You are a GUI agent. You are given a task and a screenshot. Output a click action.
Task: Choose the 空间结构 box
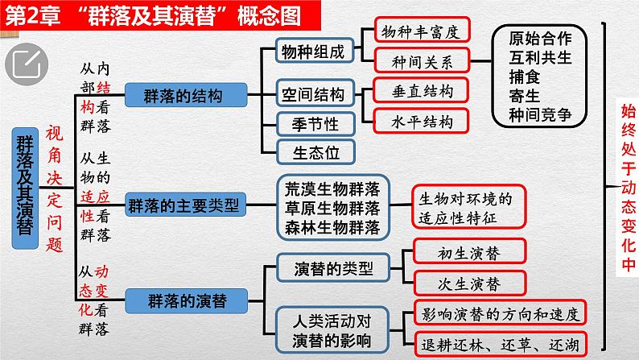point(312,94)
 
